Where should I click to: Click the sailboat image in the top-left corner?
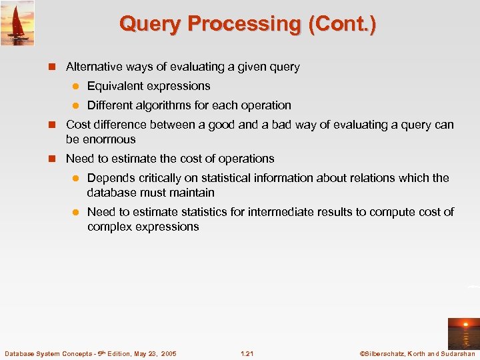pos(17,23)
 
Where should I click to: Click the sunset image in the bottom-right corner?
pos(463,334)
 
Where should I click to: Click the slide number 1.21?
pos(247,353)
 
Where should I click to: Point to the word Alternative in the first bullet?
pos(92,67)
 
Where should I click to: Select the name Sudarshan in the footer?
pos(457,353)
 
